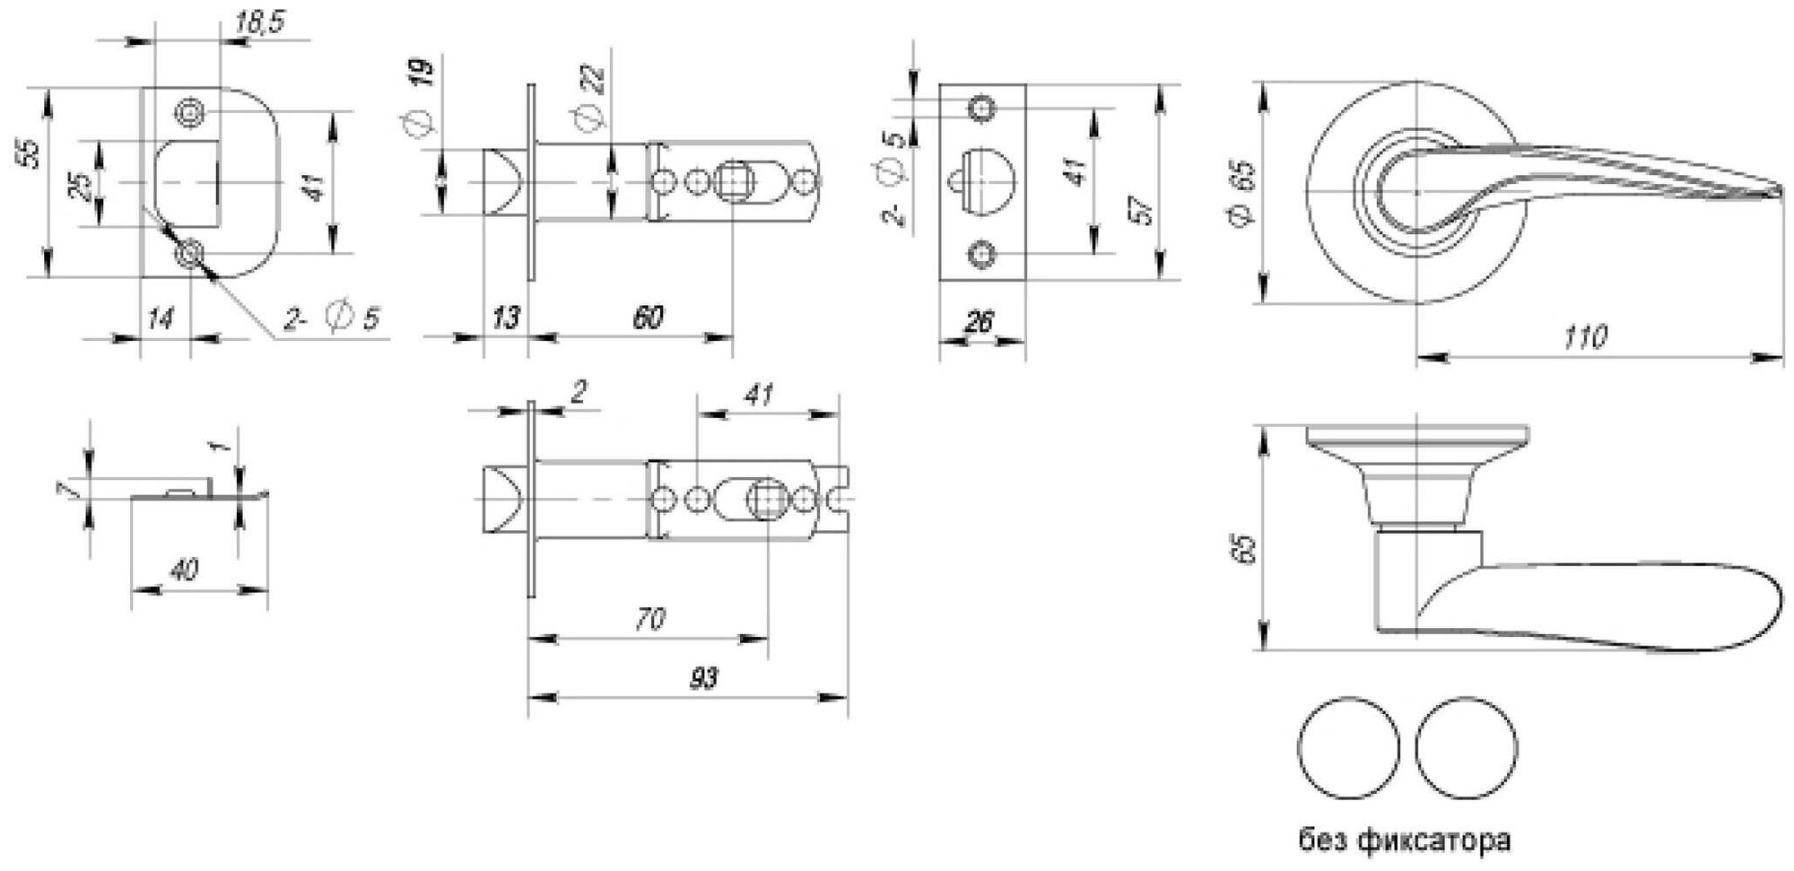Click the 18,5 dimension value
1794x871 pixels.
(259, 22)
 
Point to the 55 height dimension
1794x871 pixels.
(31, 153)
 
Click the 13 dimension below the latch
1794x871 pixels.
(505, 318)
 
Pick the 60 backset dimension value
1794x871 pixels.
(648, 318)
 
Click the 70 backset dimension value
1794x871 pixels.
(650, 619)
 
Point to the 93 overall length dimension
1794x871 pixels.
(704, 678)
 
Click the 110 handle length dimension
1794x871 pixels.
(1585, 337)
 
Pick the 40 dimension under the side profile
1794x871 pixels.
(184, 570)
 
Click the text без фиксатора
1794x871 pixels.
(1405, 841)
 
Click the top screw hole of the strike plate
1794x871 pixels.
(189, 113)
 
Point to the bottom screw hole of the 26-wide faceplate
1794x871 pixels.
(982, 255)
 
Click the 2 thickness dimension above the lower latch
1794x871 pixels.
(579, 392)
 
